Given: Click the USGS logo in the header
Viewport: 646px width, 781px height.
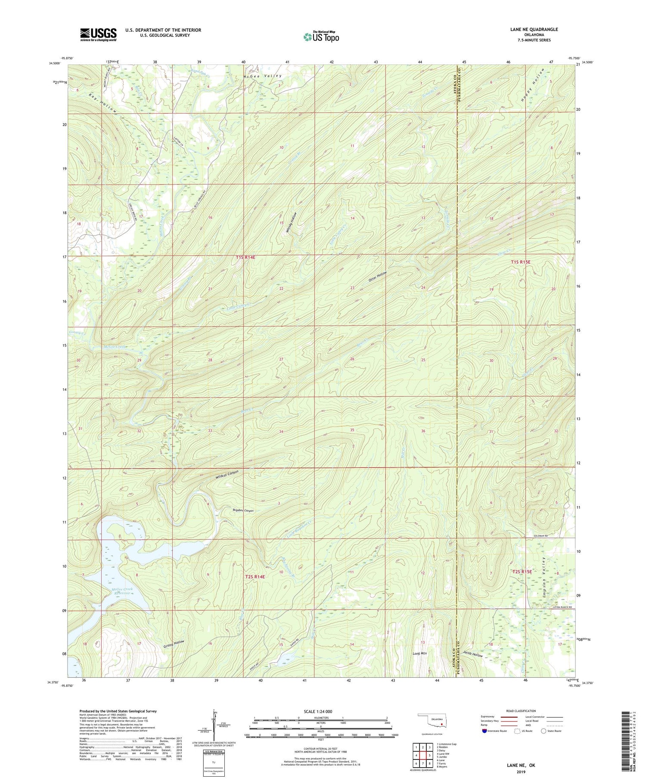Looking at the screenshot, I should click(98, 34).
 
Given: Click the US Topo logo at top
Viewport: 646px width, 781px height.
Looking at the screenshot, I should click(321, 37).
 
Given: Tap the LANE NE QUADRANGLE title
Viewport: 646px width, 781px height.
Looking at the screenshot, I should click(533, 29).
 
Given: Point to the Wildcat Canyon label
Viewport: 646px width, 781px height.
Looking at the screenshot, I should click(227, 475).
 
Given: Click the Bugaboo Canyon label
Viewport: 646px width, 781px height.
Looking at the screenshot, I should click(242, 510).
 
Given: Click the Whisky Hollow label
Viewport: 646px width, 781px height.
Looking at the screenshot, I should click(292, 223).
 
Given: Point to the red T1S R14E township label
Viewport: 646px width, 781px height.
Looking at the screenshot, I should click(245, 257).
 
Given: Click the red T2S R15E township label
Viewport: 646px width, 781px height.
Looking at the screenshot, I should click(522, 571).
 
